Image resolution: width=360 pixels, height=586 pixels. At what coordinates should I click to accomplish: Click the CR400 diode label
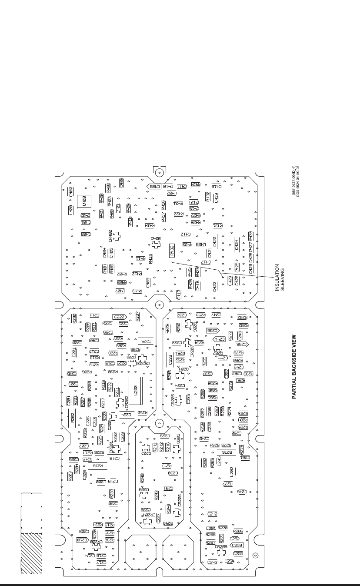110,235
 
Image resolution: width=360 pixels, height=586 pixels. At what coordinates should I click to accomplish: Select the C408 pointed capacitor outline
154,187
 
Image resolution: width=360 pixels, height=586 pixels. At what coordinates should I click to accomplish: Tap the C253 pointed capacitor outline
237,545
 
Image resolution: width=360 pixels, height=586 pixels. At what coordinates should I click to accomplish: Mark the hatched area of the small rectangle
31,551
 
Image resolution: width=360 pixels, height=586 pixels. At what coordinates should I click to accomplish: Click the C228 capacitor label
170,359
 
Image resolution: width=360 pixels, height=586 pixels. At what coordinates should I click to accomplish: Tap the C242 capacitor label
213,514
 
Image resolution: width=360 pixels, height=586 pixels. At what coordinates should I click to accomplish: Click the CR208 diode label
221,547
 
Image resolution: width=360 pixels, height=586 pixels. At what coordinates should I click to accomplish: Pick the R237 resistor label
137,317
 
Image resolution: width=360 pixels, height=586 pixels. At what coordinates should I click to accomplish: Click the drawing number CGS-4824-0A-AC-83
298,181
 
